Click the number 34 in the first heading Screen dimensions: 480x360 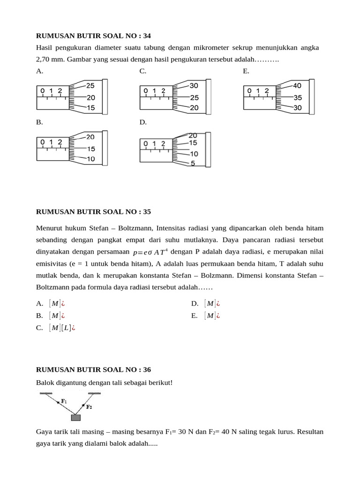146,36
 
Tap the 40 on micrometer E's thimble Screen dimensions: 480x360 298,86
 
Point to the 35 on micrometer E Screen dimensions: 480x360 298,98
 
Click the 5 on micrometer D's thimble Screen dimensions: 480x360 193,164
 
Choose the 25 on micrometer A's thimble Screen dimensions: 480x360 90,86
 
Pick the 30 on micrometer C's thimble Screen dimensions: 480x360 194,86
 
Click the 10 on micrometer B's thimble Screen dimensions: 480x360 90,159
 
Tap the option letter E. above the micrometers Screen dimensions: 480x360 246,71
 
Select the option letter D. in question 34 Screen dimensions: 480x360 143,122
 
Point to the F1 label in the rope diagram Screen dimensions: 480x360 64,401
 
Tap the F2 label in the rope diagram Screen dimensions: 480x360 89,407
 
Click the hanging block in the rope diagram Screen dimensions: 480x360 75,417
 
